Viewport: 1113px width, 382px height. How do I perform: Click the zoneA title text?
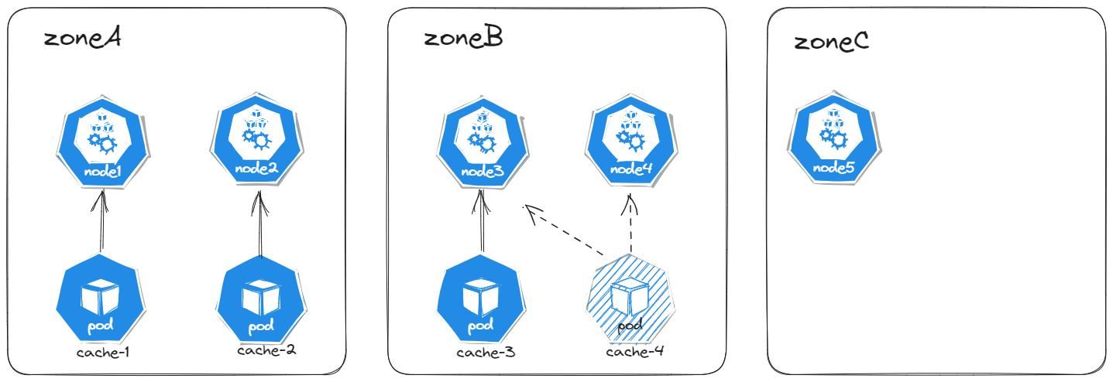[81, 38]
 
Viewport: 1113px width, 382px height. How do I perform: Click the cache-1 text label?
[102, 353]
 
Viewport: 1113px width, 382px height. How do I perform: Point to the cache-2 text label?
[266, 350]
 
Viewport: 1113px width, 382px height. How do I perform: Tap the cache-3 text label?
[486, 353]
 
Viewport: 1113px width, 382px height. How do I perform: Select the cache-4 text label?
[635, 353]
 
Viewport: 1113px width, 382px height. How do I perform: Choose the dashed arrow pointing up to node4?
[631, 224]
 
